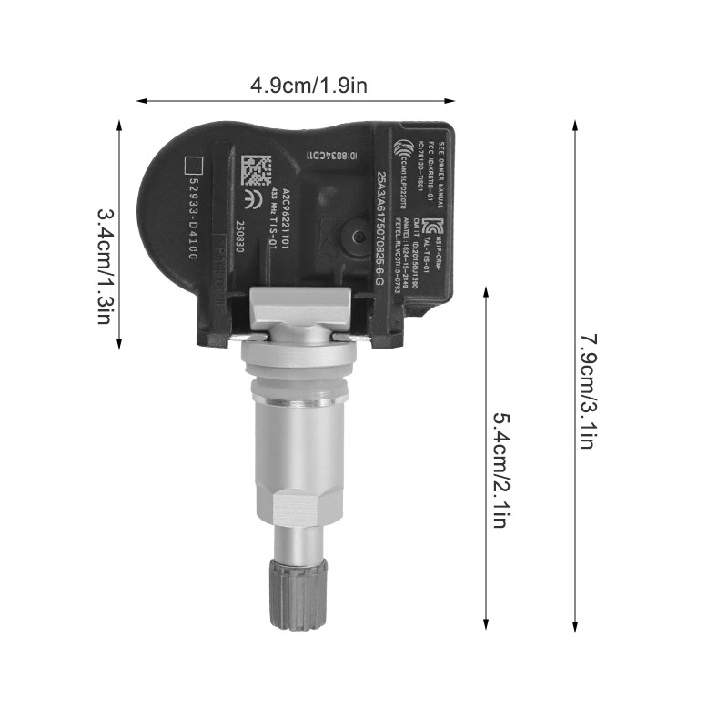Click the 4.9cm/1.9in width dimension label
[x=309, y=86]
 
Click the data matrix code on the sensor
[x=258, y=171]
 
